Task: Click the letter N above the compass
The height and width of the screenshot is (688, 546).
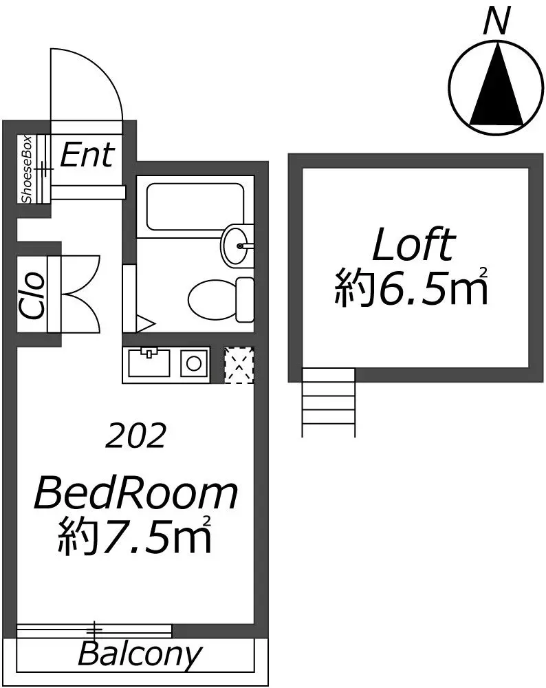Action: pyautogui.click(x=496, y=22)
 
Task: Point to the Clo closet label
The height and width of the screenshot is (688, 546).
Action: pyautogui.click(x=32, y=295)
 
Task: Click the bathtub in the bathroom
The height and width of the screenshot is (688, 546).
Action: pyautogui.click(x=195, y=206)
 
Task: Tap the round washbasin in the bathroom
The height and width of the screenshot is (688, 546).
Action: pyautogui.click(x=237, y=245)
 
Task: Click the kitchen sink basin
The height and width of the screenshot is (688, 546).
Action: pyautogui.click(x=149, y=363)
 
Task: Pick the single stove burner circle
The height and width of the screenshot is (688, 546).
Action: pyautogui.click(x=194, y=363)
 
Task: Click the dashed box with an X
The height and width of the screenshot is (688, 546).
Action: pyautogui.click(x=239, y=365)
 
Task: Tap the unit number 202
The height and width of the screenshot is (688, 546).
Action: pyautogui.click(x=136, y=436)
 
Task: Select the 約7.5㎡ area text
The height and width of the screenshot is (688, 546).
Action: pyautogui.click(x=135, y=535)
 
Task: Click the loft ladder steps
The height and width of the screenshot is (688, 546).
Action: pyautogui.click(x=328, y=402)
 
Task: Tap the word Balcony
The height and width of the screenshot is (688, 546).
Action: pyautogui.click(x=140, y=656)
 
